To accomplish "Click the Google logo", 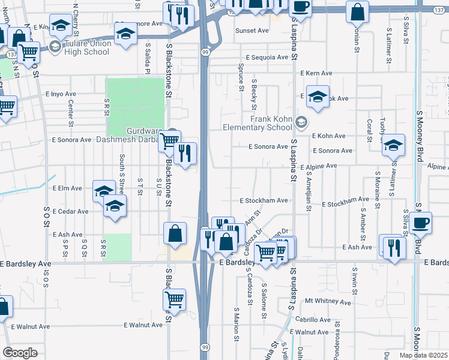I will pyautogui.click(x=20, y=353).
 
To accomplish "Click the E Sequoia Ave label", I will pyautogui.click(x=266, y=58).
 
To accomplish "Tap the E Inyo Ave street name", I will pyautogui.click(x=61, y=94).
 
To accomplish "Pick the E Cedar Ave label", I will pyautogui.click(x=70, y=211).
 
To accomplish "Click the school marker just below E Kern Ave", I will pyautogui.click(x=318, y=96).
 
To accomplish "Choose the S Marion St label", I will pyautogui.click(x=237, y=323).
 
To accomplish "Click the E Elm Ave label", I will pyautogui.click(x=67, y=188).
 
